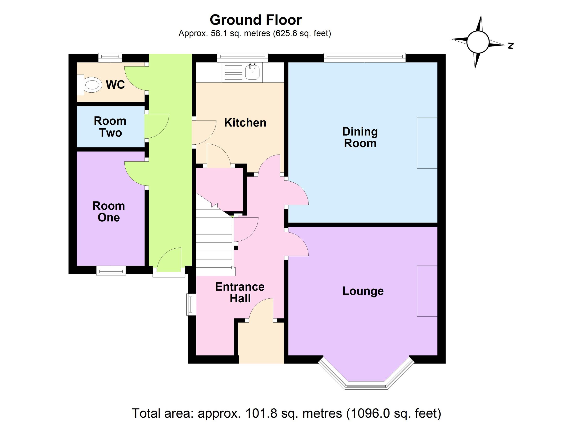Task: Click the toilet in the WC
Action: [91, 85]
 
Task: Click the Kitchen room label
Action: [245, 123]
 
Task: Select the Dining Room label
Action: [360, 137]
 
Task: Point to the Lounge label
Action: [363, 291]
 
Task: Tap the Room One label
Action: [109, 212]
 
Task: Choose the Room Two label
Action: [110, 127]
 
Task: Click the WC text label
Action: [115, 85]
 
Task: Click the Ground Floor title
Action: [256, 20]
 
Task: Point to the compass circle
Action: [478, 42]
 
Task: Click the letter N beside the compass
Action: [511, 46]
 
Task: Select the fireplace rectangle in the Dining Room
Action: [427, 143]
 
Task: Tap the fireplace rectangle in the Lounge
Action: [427, 291]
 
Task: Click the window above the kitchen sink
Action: [243, 57]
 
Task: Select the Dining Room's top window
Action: [365, 57]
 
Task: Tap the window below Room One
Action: [111, 271]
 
